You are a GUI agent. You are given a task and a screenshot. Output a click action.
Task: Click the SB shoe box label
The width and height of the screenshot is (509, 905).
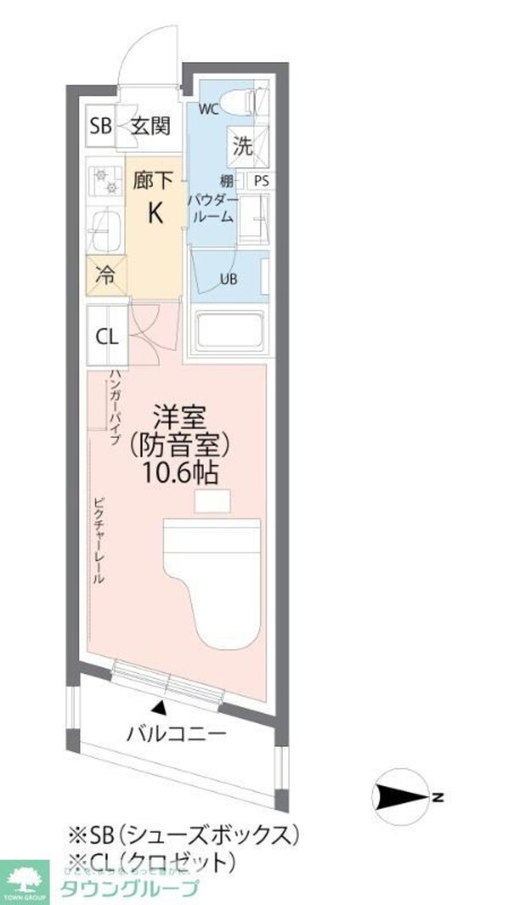pos(101,126)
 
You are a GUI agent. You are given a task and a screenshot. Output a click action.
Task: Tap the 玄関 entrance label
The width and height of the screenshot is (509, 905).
pos(150,126)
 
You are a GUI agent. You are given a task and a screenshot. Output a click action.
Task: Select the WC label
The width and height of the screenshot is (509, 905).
pos(209,109)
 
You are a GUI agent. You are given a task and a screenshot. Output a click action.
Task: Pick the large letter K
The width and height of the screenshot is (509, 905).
pos(155,213)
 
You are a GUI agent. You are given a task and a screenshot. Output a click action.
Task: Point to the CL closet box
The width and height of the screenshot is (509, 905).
pos(106,335)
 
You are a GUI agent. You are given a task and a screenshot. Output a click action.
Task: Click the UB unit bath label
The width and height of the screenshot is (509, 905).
pos(229,279)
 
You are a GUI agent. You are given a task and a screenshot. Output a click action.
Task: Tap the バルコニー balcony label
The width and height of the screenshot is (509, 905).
pos(177,732)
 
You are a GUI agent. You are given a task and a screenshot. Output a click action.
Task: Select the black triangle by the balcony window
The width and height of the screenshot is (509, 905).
pos(159,706)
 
